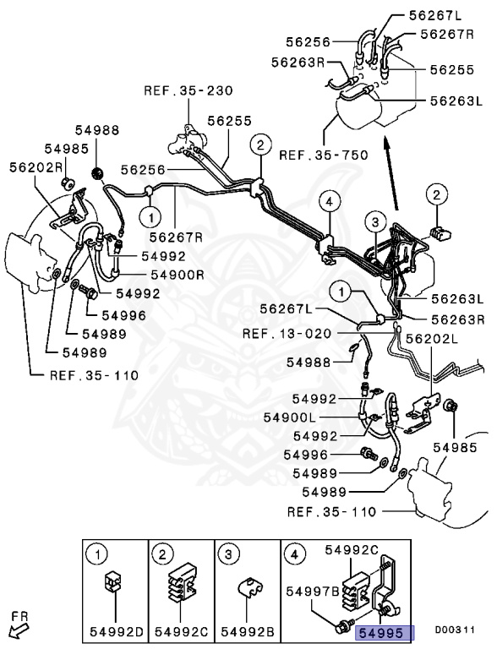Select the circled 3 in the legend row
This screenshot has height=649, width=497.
pos(230,554)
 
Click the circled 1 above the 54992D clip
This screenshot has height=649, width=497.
pos(98,554)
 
